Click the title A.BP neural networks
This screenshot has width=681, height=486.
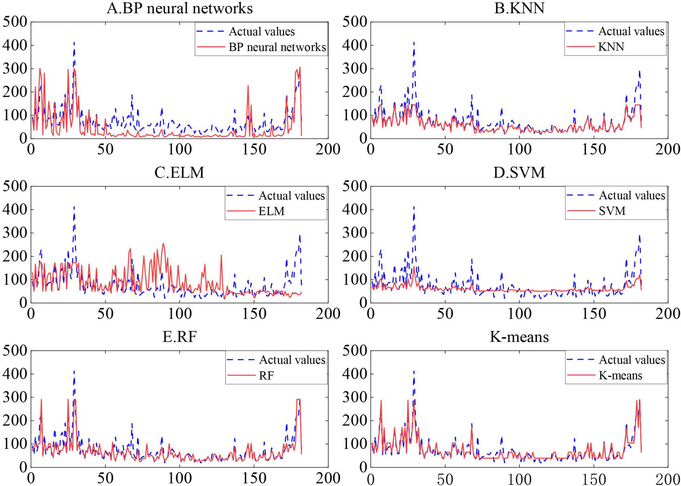click(179, 8)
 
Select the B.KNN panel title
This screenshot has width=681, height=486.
click(519, 8)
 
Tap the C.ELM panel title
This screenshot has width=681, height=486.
click(179, 173)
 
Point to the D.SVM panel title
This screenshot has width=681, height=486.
click(519, 173)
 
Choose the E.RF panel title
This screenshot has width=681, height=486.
click(179, 337)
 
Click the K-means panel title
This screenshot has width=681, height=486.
click(519, 337)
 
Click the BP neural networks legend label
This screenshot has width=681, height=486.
click(277, 47)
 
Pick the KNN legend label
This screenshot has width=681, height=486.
click(611, 47)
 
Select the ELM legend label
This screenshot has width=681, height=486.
click(271, 211)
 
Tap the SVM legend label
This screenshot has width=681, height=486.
click(612, 211)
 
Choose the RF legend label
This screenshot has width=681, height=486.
click(266, 376)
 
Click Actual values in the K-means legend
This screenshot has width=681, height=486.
click(632, 360)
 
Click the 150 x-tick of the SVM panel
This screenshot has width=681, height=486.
click(594, 314)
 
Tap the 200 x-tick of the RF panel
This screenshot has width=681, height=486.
click(328, 478)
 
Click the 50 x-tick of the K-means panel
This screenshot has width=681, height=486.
click(445, 479)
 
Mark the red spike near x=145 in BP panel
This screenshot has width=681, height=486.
click(248, 86)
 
